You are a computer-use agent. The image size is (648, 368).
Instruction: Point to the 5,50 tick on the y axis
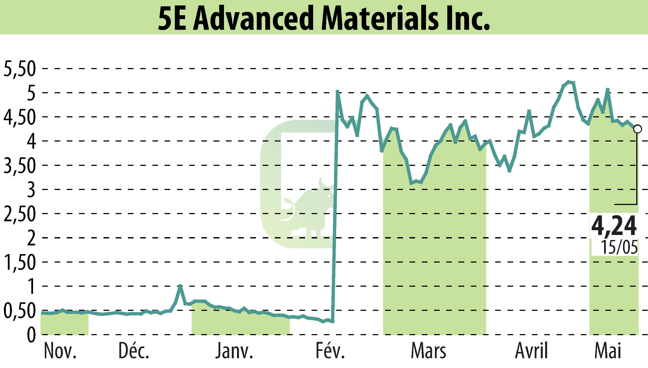coord(19,69)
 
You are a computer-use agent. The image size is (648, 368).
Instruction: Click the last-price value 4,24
coord(613,226)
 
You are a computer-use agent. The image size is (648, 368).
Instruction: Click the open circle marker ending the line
coord(637,129)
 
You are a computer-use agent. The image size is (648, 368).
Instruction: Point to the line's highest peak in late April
coord(568,81)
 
